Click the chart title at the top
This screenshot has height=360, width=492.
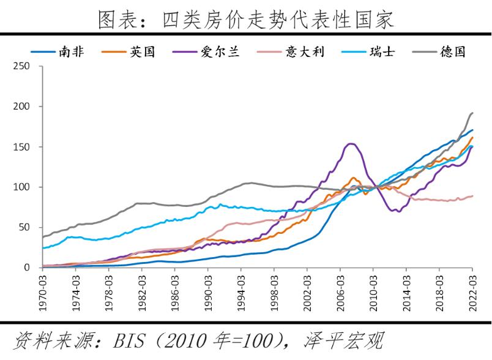coord(246,20)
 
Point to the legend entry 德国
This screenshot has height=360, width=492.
coord(452,52)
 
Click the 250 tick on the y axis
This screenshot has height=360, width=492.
coord(21,66)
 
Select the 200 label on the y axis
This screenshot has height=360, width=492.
coord(21,107)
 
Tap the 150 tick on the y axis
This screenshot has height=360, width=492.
coord(21,147)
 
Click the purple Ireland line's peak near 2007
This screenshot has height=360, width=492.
coord(351,144)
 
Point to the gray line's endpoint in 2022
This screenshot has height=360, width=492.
coord(472,113)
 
